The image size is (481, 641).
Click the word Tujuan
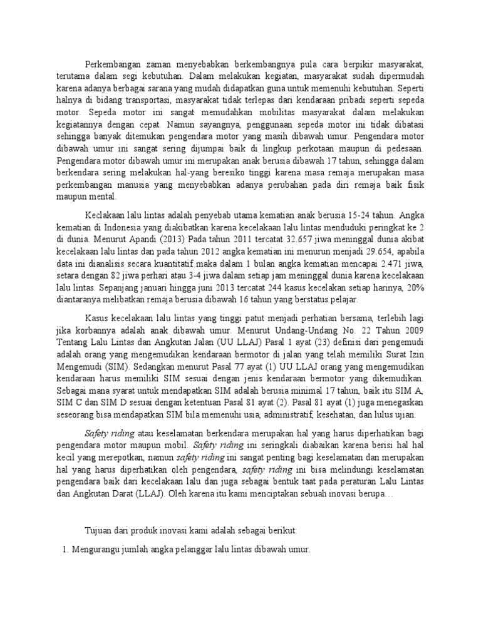tap(99, 531)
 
